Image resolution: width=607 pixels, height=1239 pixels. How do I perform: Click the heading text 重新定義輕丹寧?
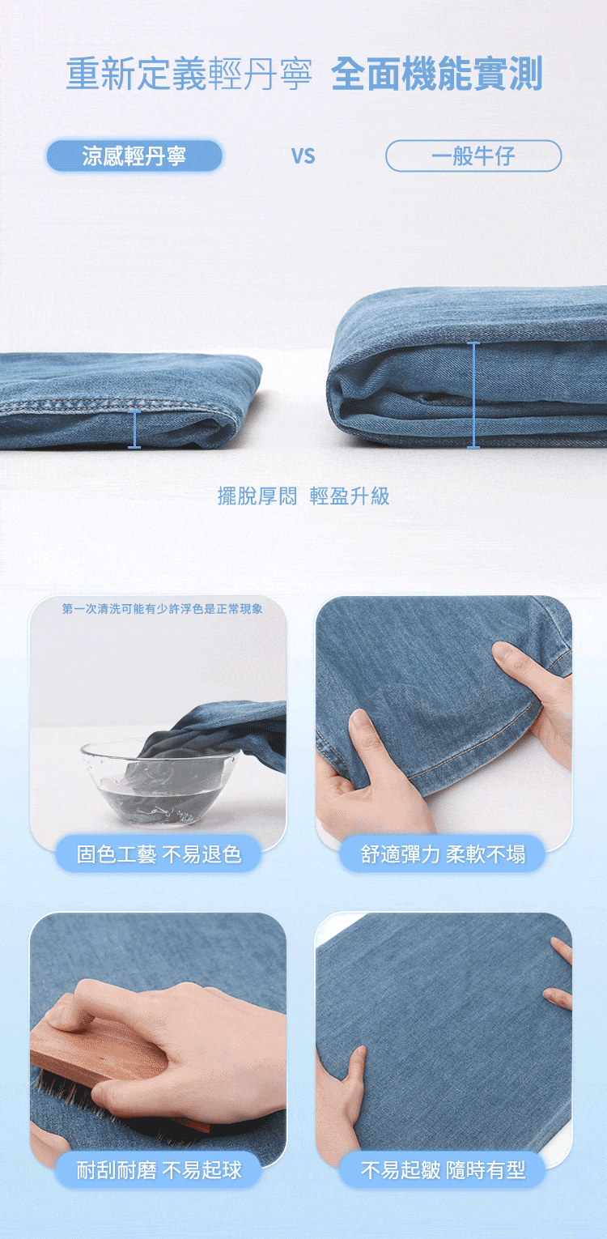[189, 75]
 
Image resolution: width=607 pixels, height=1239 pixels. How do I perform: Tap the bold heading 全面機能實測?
[437, 74]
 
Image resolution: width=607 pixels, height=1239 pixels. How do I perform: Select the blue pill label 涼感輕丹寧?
[134, 156]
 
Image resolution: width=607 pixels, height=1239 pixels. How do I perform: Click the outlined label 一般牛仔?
[473, 156]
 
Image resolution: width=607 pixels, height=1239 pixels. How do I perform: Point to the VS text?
[303, 156]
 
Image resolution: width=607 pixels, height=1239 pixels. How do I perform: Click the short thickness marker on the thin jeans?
[134, 428]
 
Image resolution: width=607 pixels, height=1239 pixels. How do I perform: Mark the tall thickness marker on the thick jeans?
[473, 395]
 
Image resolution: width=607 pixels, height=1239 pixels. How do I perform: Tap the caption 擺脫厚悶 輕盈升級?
[303, 496]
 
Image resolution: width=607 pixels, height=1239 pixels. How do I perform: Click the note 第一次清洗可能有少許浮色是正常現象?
[162, 609]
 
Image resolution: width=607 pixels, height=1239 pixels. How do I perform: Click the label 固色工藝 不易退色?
[159, 854]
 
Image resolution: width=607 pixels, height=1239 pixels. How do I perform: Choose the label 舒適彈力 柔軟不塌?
[443, 854]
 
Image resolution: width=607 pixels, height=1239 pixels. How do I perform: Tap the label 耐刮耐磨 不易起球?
[159, 1170]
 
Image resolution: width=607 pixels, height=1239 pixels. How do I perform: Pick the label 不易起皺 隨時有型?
[443, 1170]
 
